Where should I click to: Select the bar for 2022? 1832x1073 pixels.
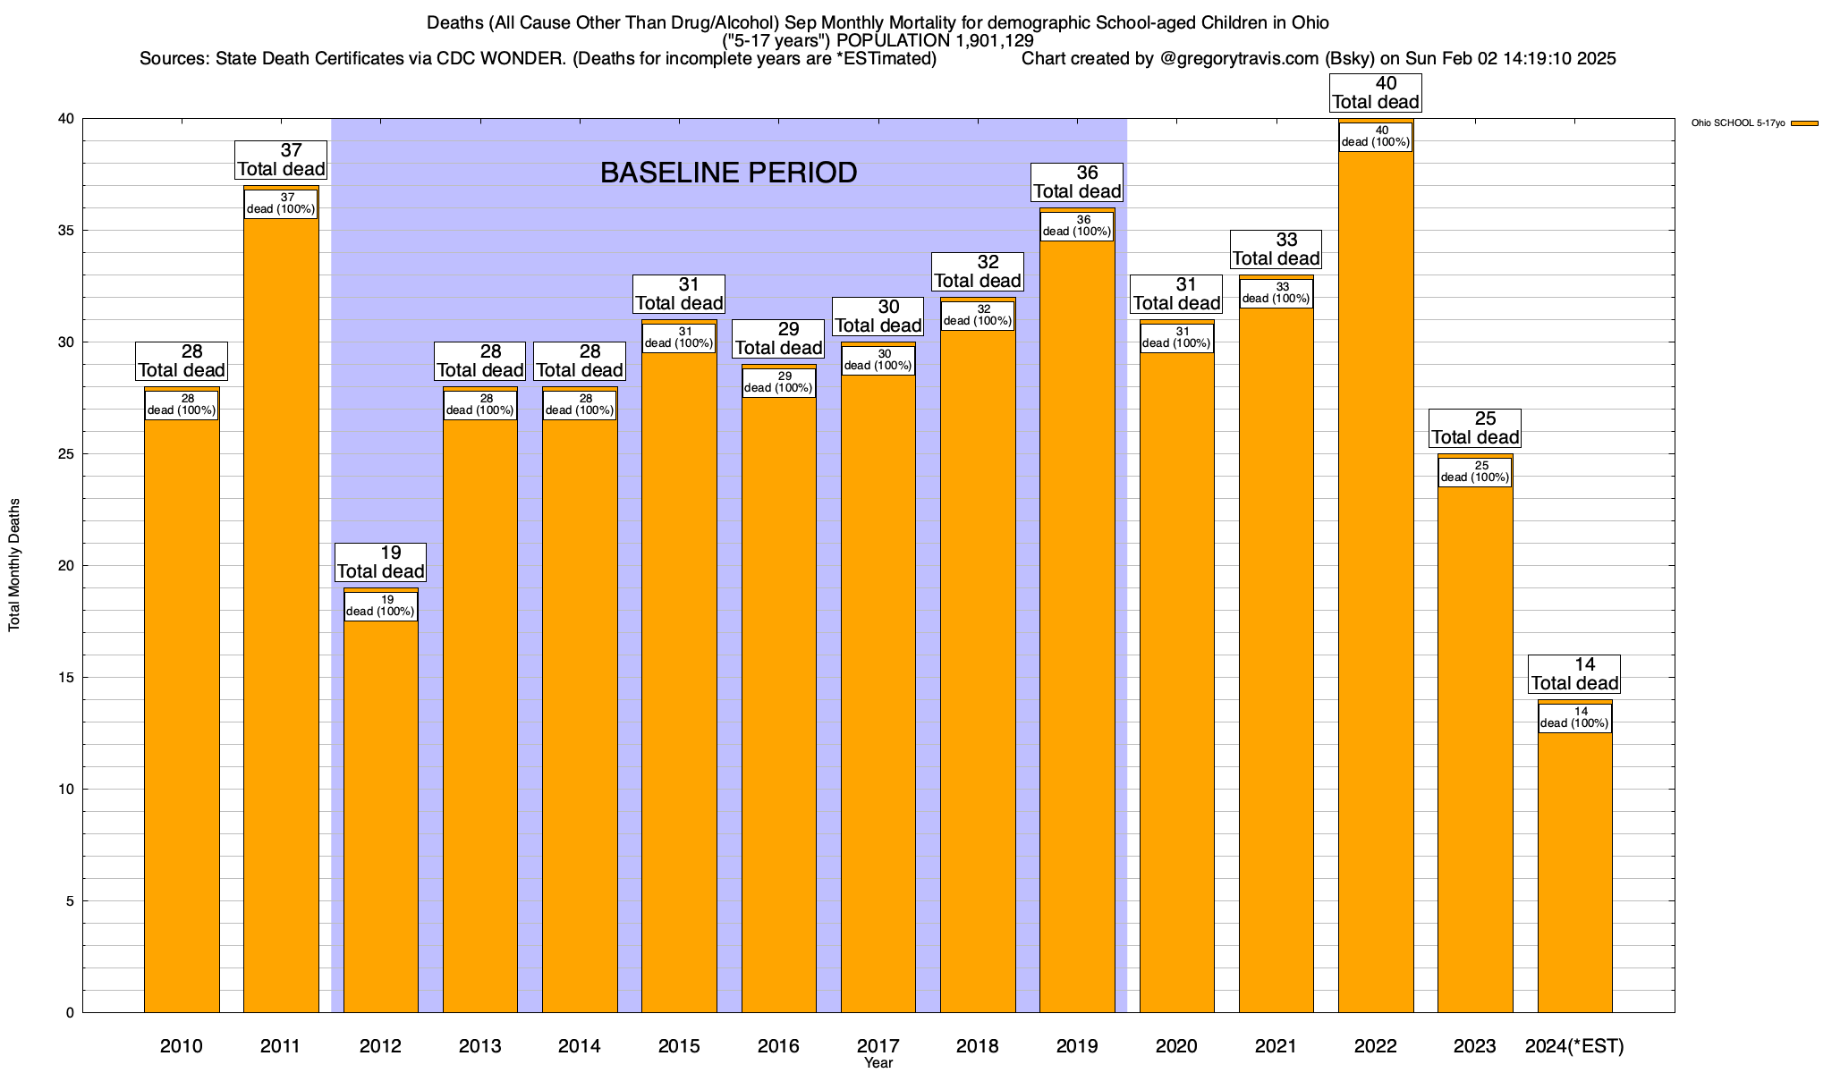(1376, 581)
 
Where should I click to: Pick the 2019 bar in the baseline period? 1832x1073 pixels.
(1077, 626)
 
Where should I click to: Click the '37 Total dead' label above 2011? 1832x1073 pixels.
(281, 160)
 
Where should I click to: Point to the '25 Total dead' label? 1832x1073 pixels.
(1475, 428)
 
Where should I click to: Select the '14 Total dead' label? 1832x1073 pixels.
(1574, 674)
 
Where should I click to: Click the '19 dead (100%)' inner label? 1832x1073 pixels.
(380, 606)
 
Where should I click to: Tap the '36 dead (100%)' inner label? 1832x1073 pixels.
(1077, 226)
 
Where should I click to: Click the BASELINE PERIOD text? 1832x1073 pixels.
(728, 173)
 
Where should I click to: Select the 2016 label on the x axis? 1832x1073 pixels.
(778, 1046)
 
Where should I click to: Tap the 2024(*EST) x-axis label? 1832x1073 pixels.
(1574, 1046)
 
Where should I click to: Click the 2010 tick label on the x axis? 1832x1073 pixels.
(182, 1046)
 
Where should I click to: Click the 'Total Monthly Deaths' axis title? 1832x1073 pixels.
(14, 565)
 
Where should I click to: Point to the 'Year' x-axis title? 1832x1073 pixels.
(878, 1063)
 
